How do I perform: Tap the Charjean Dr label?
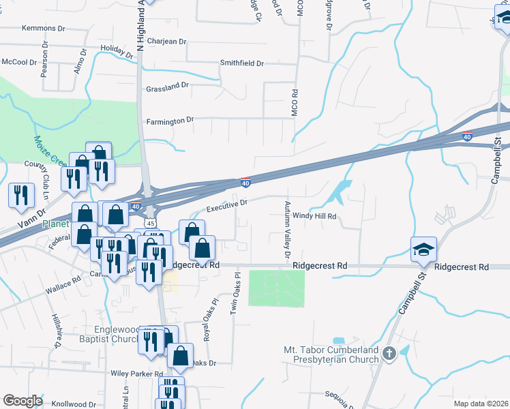coord(166,42)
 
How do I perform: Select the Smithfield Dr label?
coord(241,63)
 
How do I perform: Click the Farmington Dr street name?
coord(170,121)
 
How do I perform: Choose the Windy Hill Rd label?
coord(316,216)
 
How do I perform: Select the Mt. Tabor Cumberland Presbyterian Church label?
coord(331,354)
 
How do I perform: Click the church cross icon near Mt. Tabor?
coord(389,353)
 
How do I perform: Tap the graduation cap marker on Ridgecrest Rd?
coord(423,250)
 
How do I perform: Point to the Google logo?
coord(22,401)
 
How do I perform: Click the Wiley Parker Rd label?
coord(137,374)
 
